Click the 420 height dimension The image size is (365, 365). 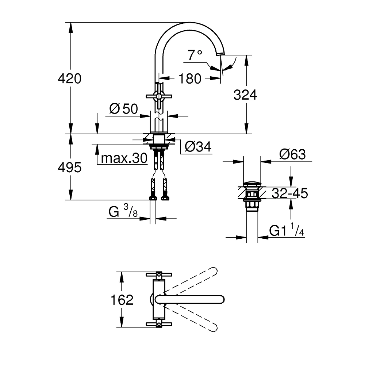point(69,78)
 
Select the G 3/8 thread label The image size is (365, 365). point(123,212)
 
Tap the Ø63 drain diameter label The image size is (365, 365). point(292,154)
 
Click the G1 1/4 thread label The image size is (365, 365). point(287,230)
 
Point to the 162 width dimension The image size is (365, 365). point(122,300)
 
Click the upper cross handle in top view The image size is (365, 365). point(159,274)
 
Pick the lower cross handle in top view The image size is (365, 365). point(159,324)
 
